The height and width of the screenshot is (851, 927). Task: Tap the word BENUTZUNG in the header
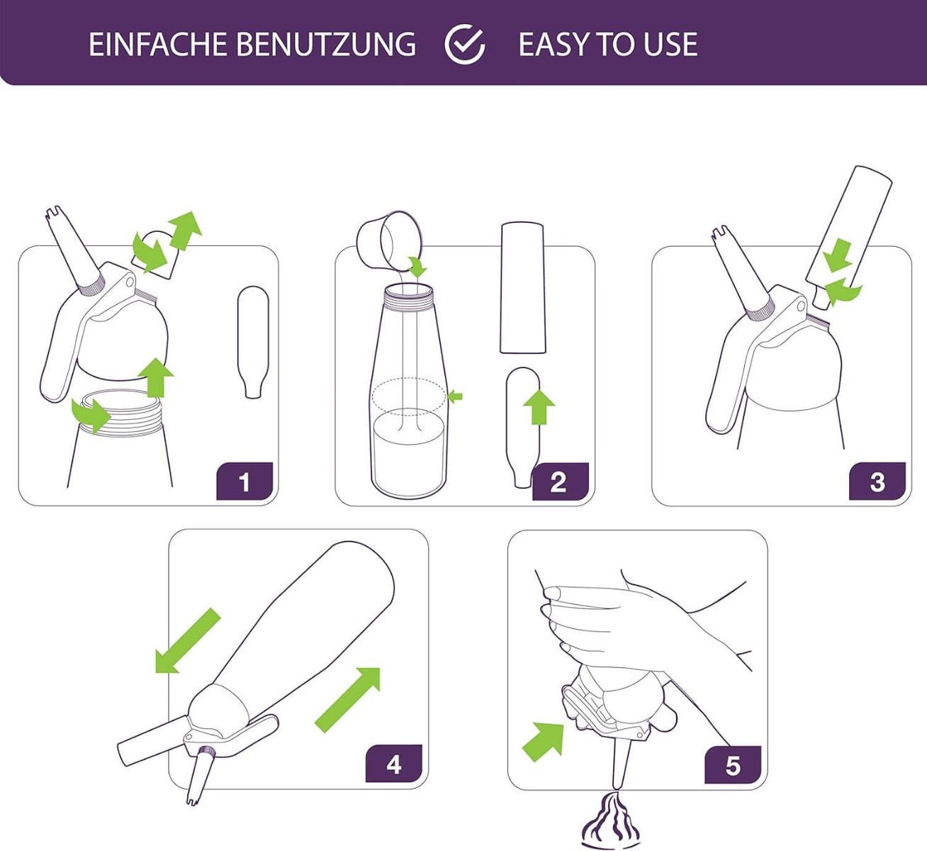click(x=325, y=44)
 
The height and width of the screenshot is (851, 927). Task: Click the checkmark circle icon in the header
click(x=465, y=44)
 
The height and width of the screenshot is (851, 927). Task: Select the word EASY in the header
click(x=555, y=44)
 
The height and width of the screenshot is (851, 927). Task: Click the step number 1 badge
click(x=245, y=482)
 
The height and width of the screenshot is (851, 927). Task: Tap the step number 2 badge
click(x=559, y=482)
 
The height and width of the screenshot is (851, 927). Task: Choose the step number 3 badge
click(x=877, y=482)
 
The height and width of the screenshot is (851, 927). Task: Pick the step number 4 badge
click(x=393, y=764)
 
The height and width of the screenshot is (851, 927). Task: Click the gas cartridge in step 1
click(x=253, y=340)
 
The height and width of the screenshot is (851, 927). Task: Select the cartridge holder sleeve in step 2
click(x=523, y=287)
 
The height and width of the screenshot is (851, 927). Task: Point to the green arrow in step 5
click(x=544, y=740)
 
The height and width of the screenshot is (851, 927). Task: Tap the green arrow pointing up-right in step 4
click(x=348, y=699)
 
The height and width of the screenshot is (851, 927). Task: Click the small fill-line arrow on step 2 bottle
click(x=455, y=396)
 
